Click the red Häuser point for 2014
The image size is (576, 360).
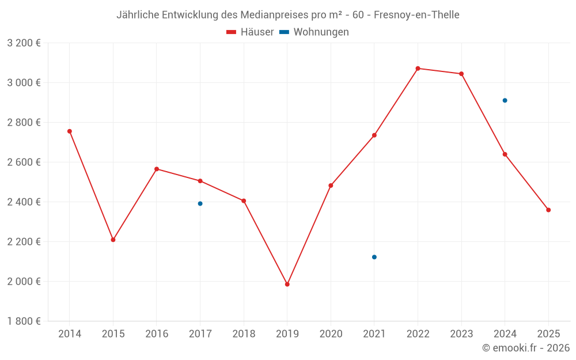coord(70,131)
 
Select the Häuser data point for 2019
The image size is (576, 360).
coord(287,284)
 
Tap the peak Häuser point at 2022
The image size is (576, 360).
coord(418,69)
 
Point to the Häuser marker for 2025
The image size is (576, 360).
coord(548,210)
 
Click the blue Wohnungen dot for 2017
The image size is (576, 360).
coord(200,203)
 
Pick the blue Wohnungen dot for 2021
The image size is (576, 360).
coord(374,257)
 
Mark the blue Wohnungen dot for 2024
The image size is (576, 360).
coord(505,100)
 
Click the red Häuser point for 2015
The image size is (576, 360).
coord(113,240)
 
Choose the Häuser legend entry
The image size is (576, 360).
coord(250,32)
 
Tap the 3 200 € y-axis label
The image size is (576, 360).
coord(24,43)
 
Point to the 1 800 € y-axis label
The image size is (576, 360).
coord(24,321)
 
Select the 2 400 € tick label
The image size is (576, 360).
coord(24,202)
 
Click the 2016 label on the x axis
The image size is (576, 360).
coord(157,334)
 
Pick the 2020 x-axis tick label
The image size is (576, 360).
coord(331,334)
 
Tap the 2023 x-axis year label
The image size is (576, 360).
coord(461,334)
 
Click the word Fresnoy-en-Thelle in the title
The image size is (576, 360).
coord(416,15)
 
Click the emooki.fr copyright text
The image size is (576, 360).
coord(526,348)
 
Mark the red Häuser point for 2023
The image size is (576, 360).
coord(461,74)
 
